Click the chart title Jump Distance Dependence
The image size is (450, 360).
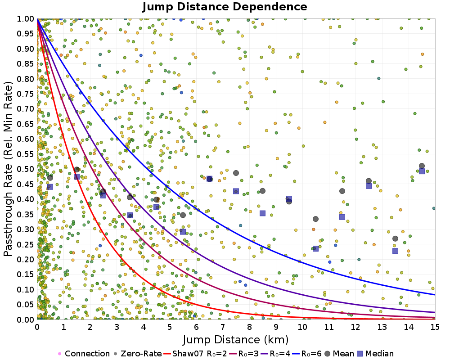coord(225,7)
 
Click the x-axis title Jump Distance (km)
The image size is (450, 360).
coord(236,339)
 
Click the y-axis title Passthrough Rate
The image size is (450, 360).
coord(9,169)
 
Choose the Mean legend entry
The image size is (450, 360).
coord(340,354)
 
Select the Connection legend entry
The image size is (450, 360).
coord(84,354)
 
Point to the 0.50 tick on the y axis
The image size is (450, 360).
coord(27,169)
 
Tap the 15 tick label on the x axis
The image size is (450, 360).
coord(435,326)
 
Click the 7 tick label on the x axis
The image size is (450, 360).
coord(223,326)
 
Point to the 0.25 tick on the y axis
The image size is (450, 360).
coord(27,244)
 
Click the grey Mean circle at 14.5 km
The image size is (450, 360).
coord(422,166)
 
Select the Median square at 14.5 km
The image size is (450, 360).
coord(422,171)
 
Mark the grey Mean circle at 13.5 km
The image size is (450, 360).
coord(395,238)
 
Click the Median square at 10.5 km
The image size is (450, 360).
coord(315,248)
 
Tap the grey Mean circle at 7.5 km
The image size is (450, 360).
coord(236,173)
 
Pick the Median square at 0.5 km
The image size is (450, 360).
coord(50,187)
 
